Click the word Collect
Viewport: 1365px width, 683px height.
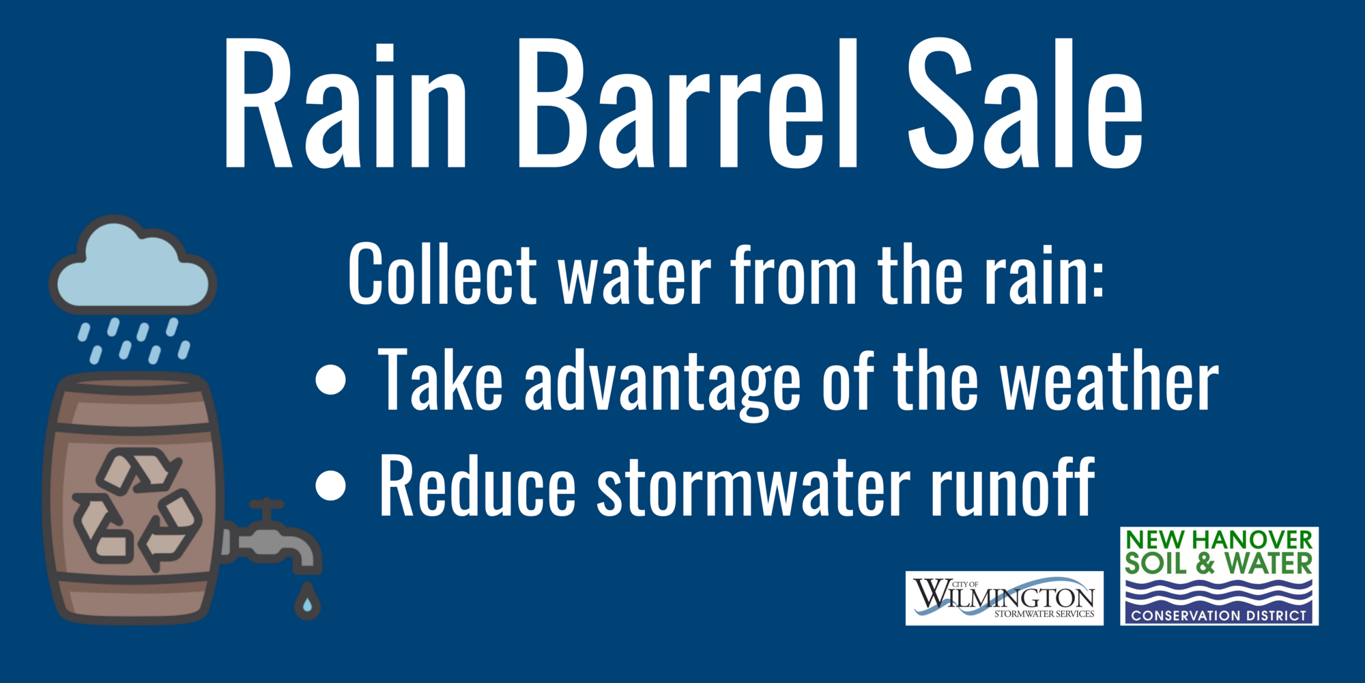point(442,275)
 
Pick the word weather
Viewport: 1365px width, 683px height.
point(1109,381)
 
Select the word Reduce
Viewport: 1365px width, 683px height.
point(478,486)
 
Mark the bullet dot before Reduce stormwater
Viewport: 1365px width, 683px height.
point(332,486)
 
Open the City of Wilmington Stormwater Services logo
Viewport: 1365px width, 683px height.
point(1004,598)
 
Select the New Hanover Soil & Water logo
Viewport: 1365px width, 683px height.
point(1219,575)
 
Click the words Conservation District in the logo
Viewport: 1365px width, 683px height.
point(1219,615)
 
